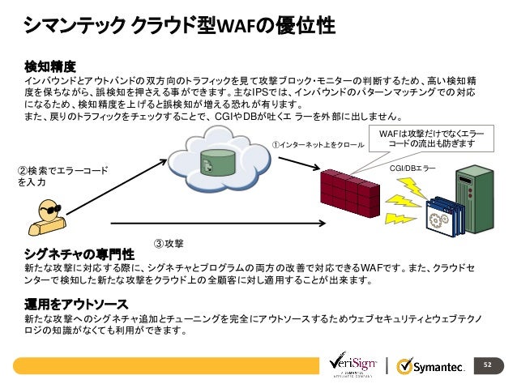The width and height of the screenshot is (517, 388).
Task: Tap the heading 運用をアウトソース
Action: [x=76, y=305]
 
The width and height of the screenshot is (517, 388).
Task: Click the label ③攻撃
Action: [x=169, y=244]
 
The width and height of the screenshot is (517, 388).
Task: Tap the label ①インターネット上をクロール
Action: [x=317, y=146]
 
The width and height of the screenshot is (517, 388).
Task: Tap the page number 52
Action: [x=488, y=365]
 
